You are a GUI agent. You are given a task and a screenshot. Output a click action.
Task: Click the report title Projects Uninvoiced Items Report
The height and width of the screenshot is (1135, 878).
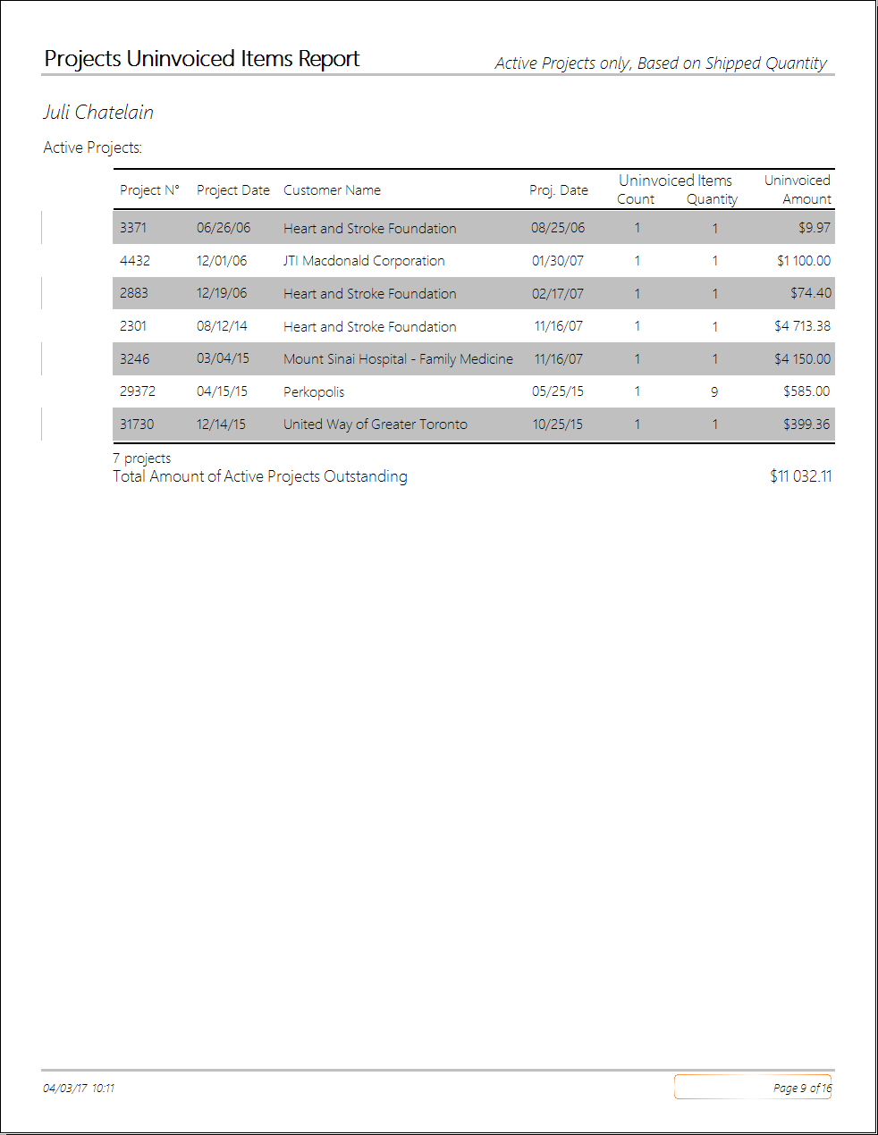pos(202,59)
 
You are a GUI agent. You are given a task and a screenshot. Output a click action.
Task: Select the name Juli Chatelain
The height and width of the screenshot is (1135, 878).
pos(98,113)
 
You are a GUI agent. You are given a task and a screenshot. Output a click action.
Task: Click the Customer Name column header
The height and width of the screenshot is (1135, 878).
pos(332,190)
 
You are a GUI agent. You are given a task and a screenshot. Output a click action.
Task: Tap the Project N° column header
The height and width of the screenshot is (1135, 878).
pos(149,190)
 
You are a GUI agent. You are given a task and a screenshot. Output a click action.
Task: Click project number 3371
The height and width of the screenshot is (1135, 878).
pos(133,228)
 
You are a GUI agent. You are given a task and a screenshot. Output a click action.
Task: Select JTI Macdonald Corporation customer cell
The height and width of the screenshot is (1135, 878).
pos(364,261)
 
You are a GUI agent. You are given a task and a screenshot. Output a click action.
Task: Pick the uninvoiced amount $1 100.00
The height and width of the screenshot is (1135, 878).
pos(803,261)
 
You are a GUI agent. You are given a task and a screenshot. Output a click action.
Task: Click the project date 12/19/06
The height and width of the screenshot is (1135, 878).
pos(222,293)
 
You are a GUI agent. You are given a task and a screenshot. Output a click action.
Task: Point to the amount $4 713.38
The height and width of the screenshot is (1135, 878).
pos(802,326)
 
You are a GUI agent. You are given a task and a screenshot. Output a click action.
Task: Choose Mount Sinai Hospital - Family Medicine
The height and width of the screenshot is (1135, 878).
pos(398,359)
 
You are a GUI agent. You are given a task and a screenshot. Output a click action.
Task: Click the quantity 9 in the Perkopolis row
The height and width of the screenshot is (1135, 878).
pos(714,392)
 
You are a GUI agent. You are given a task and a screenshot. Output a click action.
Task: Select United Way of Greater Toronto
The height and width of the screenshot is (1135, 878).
pos(376,425)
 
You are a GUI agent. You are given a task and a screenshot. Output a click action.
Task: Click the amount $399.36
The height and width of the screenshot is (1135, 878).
pos(806,425)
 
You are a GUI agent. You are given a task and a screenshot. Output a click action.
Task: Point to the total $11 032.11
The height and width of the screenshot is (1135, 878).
pos(800,476)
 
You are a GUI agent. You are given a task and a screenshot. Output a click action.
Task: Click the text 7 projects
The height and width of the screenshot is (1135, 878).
pos(142,458)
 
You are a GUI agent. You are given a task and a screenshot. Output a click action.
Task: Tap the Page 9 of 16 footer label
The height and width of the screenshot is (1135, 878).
pos(802,1088)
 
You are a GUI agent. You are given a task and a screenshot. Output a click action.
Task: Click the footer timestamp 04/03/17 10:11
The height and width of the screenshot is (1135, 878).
pos(79,1088)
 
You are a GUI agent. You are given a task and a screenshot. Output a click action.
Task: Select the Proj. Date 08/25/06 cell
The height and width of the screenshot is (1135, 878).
pos(558,228)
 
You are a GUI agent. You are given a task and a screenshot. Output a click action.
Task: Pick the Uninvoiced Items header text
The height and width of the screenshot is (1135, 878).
pos(675,181)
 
